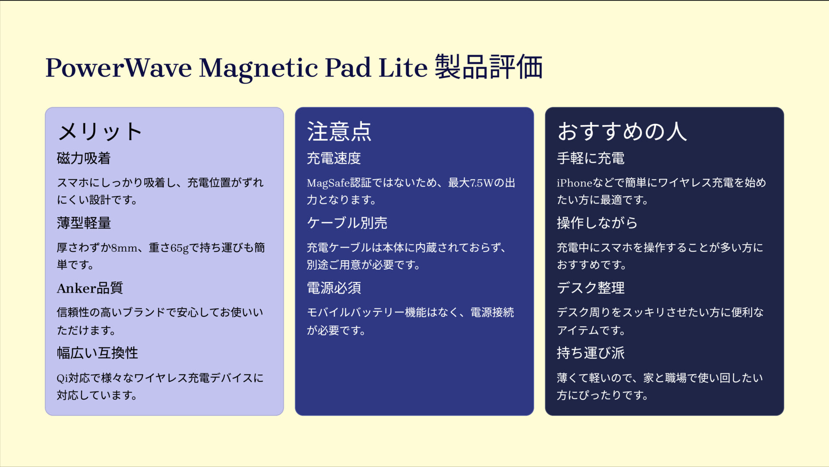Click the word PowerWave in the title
[x=119, y=68]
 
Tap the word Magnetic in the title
[x=258, y=69]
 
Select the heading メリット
[x=100, y=132]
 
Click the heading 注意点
[x=339, y=132]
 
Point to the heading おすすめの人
[x=622, y=132]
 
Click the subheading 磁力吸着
[x=84, y=158]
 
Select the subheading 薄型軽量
[x=84, y=223]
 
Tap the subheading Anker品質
[x=90, y=288]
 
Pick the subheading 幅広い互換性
[x=97, y=353]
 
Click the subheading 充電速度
[x=334, y=158]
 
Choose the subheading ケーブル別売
[x=347, y=223]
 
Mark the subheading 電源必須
[x=334, y=288]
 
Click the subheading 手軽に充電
[x=590, y=158]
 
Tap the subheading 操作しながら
[x=597, y=223]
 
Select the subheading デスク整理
[x=590, y=288]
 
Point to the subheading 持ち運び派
[x=590, y=353]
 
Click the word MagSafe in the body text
[x=328, y=183]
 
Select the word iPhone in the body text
[x=574, y=183]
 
